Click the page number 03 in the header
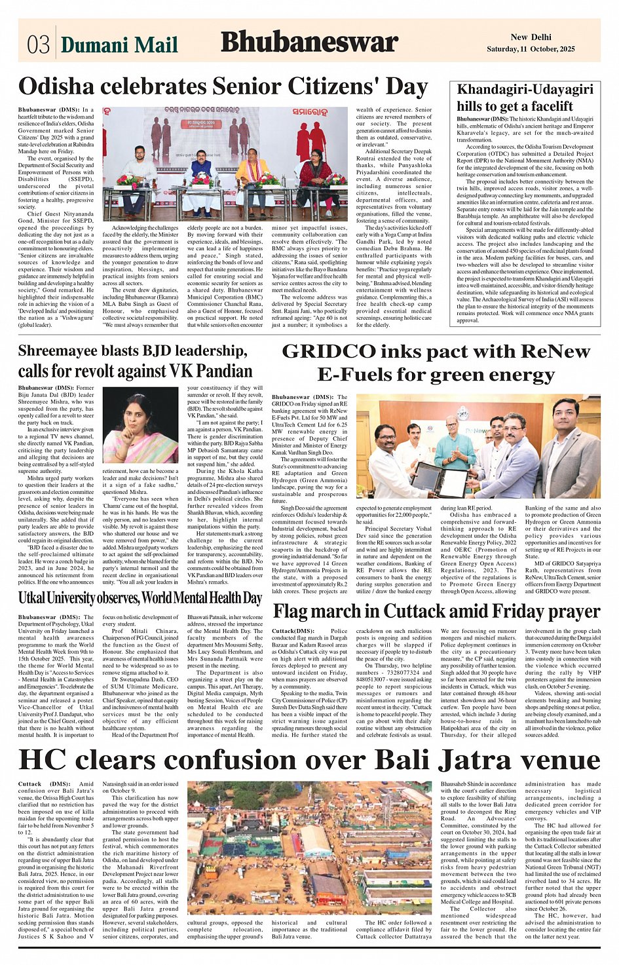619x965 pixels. [38, 44]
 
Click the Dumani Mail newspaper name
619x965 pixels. [119, 45]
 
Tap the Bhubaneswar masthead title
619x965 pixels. [309, 42]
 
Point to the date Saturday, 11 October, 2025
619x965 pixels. [531, 49]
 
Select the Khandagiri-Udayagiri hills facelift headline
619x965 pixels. [525, 98]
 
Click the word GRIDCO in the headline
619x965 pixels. [320, 352]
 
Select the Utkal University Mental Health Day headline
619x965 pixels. [140, 598]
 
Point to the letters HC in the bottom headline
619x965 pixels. [43, 760]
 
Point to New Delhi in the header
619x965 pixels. [531, 37]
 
